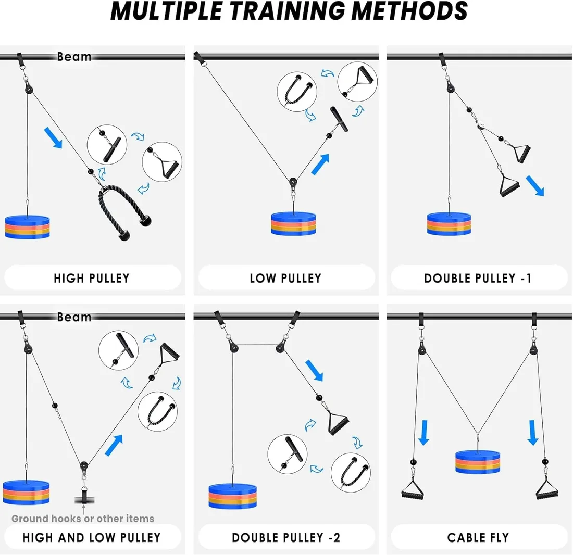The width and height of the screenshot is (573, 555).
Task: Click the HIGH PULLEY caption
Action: point(92,278)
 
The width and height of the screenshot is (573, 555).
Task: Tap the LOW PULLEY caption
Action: point(285,278)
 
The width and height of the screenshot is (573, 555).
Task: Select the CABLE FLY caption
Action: point(478,537)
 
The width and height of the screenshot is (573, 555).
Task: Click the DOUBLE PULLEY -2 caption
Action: point(286,537)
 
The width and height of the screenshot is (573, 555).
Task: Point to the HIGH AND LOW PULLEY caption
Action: point(92,537)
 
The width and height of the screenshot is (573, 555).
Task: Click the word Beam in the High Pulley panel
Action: point(74,57)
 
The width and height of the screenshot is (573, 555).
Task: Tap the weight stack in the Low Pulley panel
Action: point(293,224)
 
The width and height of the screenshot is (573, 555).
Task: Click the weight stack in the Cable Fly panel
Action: point(478,463)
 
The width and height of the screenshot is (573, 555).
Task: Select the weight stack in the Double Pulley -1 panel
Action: point(449,224)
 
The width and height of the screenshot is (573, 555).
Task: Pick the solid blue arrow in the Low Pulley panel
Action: point(320,165)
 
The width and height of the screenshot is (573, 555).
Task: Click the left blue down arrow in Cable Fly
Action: point(424,433)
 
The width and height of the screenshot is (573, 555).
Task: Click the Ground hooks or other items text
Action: point(83,519)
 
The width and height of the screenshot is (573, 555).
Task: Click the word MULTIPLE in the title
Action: point(167,11)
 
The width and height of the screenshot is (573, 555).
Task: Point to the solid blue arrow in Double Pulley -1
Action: point(535,186)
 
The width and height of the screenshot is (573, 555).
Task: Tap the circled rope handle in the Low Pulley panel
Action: point(297,92)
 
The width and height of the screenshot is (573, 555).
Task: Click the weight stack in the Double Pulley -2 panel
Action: point(232,496)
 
